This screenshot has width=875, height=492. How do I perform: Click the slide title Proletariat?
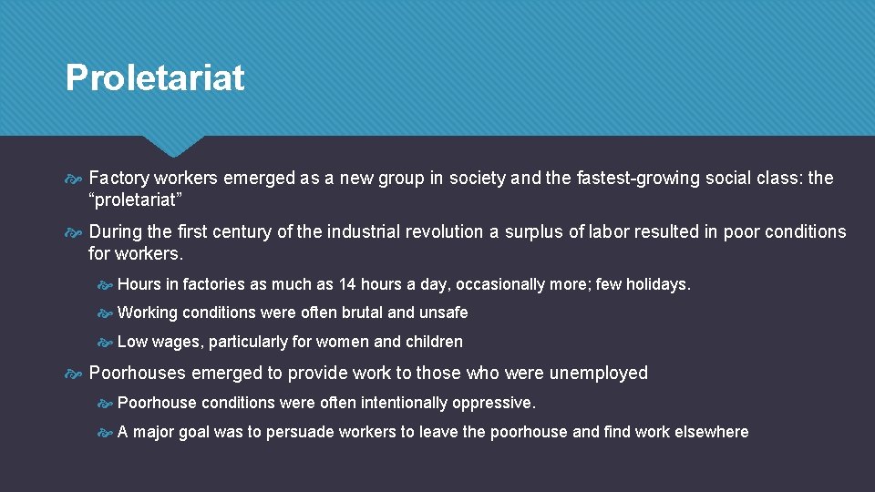tap(155, 78)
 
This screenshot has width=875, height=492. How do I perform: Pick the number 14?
tap(347, 284)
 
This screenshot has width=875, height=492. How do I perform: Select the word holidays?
tap(657, 284)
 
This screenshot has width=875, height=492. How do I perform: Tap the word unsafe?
tap(443, 313)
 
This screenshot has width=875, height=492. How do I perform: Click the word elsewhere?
tap(712, 432)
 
